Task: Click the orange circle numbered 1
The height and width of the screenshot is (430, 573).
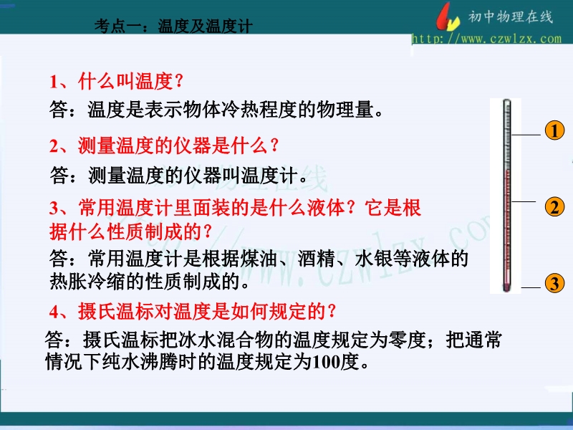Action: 554,131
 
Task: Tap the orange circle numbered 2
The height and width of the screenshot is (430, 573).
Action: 554,207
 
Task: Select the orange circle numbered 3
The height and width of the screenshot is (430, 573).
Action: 554,283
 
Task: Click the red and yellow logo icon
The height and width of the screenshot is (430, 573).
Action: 447,16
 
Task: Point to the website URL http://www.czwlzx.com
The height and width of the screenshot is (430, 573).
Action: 486,39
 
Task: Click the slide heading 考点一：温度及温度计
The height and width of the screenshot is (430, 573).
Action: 173,26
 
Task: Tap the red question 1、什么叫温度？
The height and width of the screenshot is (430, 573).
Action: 117,81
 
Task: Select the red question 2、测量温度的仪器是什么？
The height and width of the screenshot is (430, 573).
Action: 165,145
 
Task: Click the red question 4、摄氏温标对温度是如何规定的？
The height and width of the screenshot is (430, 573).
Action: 193,311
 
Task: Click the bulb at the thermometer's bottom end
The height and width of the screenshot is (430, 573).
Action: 506,287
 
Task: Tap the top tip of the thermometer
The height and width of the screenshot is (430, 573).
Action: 506,100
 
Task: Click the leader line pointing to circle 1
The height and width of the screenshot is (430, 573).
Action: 526,135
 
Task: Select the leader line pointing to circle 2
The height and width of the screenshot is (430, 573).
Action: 524,201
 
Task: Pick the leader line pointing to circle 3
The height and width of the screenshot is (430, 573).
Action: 531,288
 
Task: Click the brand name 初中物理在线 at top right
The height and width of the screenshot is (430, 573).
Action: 511,16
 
